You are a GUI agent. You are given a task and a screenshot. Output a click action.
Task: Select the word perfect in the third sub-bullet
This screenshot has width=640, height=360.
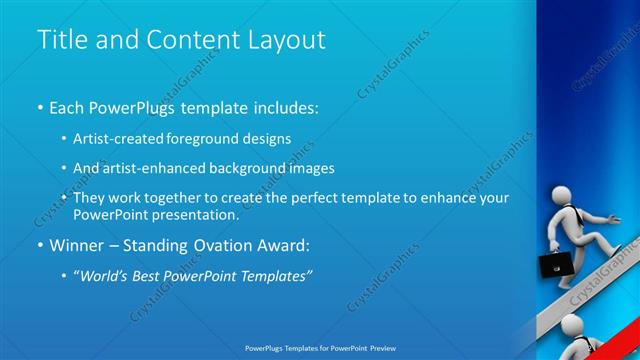coord(306,198)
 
